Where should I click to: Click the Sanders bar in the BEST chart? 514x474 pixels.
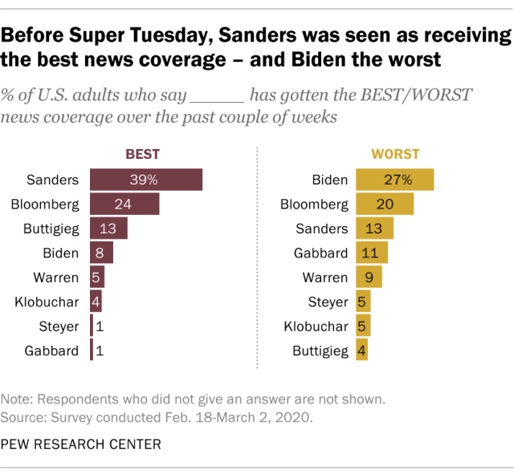[x=145, y=180]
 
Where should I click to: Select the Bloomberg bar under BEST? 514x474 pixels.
[x=124, y=204]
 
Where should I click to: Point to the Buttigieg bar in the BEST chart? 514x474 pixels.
[x=108, y=229]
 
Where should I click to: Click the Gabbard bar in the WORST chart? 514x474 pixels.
[x=371, y=253]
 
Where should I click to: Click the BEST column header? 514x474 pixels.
[x=143, y=155]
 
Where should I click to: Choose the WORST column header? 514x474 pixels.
[x=394, y=155]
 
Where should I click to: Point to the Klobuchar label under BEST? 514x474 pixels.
[x=47, y=302]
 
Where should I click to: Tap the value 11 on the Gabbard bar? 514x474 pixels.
[x=369, y=253]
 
